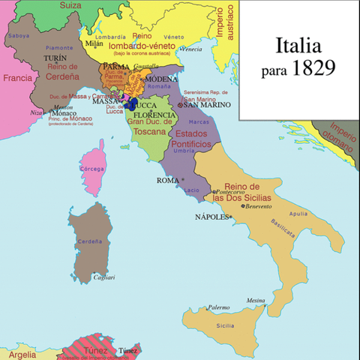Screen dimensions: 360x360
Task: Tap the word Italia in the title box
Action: [298, 46]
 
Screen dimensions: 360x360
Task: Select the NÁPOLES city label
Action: [212, 217]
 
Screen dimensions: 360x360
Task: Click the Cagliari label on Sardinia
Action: [103, 277]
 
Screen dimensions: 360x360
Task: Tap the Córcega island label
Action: [92, 169]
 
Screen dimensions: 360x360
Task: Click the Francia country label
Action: [16, 77]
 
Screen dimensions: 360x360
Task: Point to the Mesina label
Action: [256, 300]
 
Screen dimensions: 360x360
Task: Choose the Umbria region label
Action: [184, 151]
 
